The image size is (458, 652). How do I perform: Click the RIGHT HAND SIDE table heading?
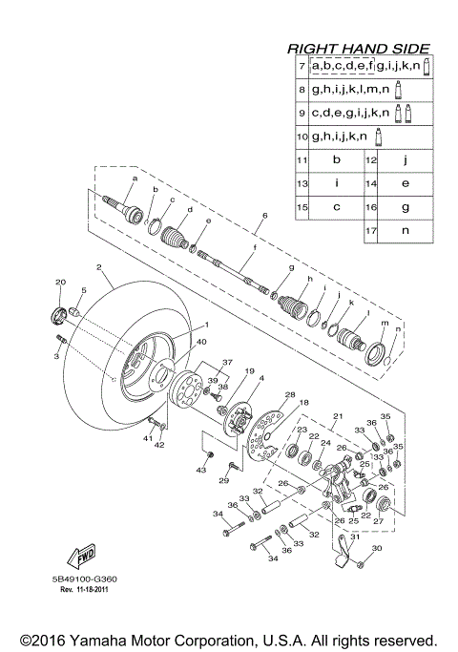pyautogui.click(x=359, y=48)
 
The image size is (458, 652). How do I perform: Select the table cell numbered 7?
pyautogui.click(x=302, y=66)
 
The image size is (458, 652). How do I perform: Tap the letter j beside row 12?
pyautogui.click(x=406, y=159)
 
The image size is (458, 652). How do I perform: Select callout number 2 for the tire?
pyautogui.click(x=98, y=268)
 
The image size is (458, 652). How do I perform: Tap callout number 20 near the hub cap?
pyautogui.click(x=59, y=283)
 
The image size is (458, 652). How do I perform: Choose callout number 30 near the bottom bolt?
pyautogui.click(x=375, y=548)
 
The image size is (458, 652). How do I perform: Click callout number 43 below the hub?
pyautogui.click(x=201, y=470)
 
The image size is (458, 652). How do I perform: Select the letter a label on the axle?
pyautogui.click(x=135, y=179)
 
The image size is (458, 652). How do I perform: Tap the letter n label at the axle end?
pyautogui.click(x=399, y=329)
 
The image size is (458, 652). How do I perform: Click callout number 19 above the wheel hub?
pyautogui.click(x=221, y=370)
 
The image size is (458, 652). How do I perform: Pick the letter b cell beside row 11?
pyautogui.click(x=337, y=159)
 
